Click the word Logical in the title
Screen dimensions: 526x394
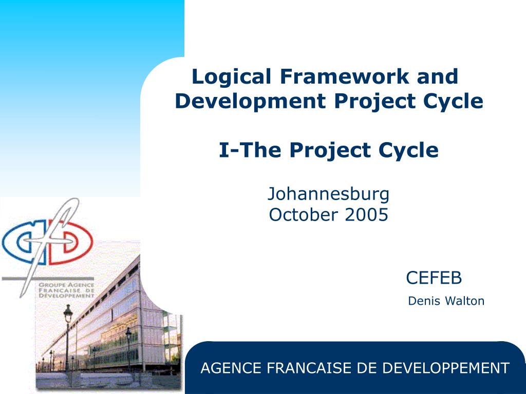click(x=231, y=77)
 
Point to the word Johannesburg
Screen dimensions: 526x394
click(x=328, y=194)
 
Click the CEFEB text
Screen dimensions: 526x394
click(x=434, y=278)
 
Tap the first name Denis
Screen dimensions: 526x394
click(x=424, y=301)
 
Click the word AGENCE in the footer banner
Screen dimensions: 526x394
click(x=231, y=368)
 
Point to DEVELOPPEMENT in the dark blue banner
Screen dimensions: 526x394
click(x=446, y=368)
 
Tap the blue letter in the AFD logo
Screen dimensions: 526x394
click(x=21, y=242)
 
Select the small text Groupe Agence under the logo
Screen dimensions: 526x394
click(x=66, y=285)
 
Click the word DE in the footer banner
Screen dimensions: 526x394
click(x=367, y=368)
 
